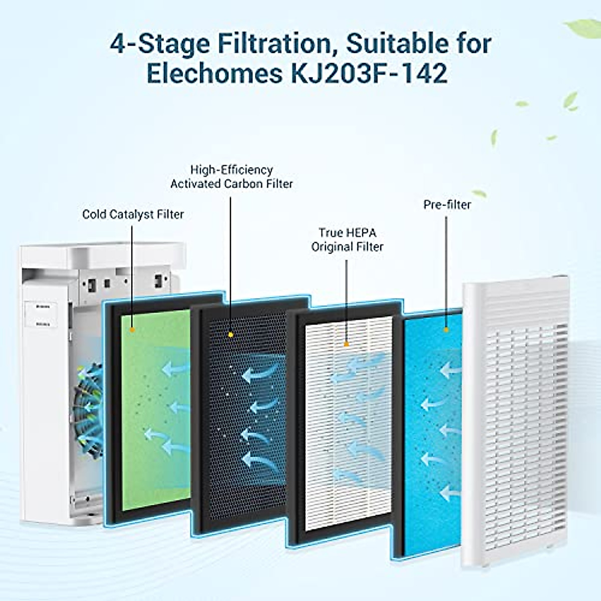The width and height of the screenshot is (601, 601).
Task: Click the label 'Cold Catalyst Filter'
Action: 133,214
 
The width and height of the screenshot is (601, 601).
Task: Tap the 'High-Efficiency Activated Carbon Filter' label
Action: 231,177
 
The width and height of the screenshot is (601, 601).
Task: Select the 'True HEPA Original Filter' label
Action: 347,239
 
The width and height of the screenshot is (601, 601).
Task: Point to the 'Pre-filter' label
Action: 447,204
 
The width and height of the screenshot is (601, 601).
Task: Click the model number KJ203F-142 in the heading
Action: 369,73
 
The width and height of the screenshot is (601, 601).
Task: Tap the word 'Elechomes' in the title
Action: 214,73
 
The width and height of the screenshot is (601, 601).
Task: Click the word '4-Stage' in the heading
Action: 160,44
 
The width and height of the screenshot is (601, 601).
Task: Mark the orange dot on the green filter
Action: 132,330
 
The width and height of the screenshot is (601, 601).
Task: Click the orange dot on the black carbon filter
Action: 230,334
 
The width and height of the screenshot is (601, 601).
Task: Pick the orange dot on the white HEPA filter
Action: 346,344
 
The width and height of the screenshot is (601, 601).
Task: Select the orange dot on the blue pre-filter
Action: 445,330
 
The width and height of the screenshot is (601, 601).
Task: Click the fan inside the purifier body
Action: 88,411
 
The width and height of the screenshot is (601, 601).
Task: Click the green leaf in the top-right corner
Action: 583,28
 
